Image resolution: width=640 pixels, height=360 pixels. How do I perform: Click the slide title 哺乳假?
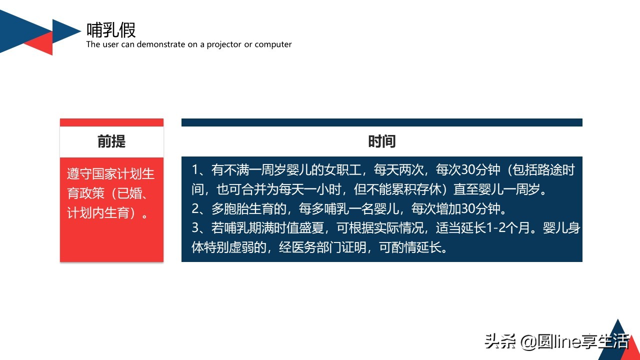pyautogui.click(x=111, y=30)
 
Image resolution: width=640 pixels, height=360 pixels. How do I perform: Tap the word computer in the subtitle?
pyautogui.click(x=273, y=44)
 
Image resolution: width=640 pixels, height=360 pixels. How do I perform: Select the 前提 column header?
pyautogui.click(x=111, y=141)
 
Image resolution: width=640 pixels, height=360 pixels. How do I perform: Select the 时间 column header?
pyautogui.click(x=381, y=141)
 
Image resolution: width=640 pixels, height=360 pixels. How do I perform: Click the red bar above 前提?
pyautogui.click(x=111, y=122)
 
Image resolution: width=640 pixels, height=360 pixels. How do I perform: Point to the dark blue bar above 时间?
pyautogui.click(x=381, y=122)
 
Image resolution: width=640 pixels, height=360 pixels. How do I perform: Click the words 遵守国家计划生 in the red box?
pyautogui.click(x=111, y=174)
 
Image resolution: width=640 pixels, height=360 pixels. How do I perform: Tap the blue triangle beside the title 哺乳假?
pyautogui.click(x=65, y=31)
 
